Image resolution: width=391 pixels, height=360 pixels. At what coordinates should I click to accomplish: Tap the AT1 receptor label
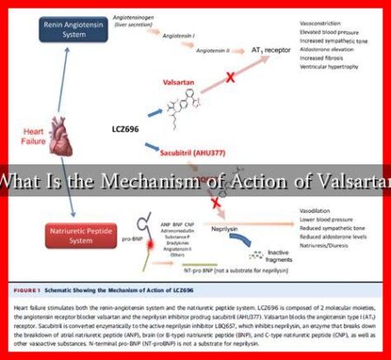pos(269,51)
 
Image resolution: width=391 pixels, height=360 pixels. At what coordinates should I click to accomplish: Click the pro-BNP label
pos(131,237)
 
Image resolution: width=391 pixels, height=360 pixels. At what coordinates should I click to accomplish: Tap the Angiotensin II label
pos(213,51)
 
